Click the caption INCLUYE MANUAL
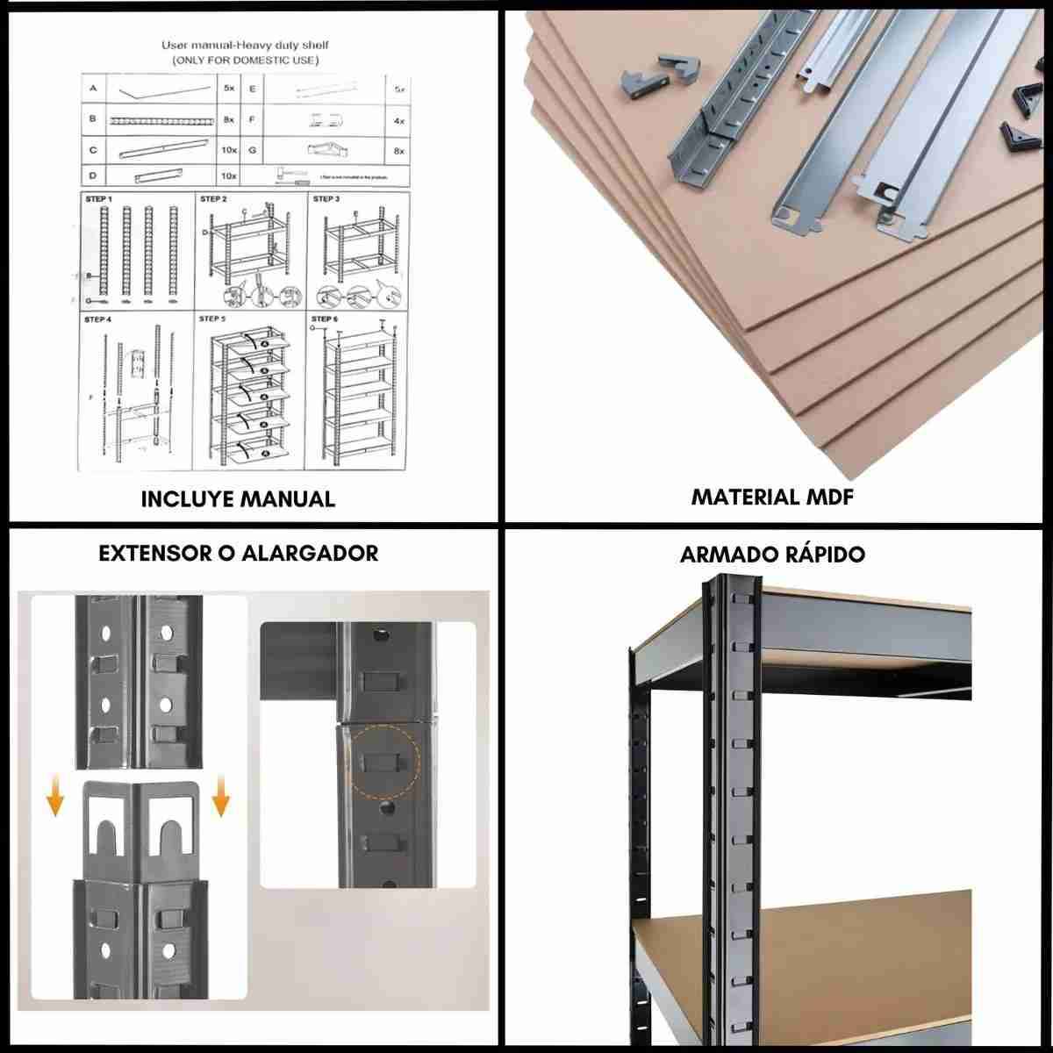[238, 498]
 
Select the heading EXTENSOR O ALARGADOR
[239, 553]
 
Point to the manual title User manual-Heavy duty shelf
[245, 45]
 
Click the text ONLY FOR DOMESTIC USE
[245, 60]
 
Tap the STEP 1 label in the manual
[98, 199]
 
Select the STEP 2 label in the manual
[213, 199]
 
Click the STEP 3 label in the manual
[326, 199]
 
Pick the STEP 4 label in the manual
[98, 319]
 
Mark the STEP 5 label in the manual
[213, 319]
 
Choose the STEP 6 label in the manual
[326, 319]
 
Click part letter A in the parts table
[92, 89]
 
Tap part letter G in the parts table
[252, 150]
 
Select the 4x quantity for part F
[399, 119]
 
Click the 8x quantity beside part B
[229, 119]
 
